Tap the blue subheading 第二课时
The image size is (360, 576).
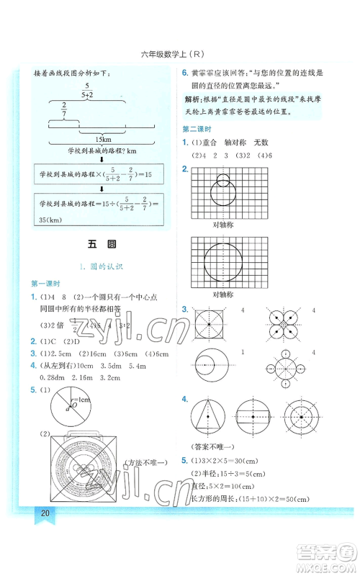point(197,129)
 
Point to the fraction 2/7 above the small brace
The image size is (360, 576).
point(63,109)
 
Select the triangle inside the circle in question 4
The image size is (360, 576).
point(210,416)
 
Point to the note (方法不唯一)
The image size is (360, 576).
point(145,462)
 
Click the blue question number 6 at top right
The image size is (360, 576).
point(184,73)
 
